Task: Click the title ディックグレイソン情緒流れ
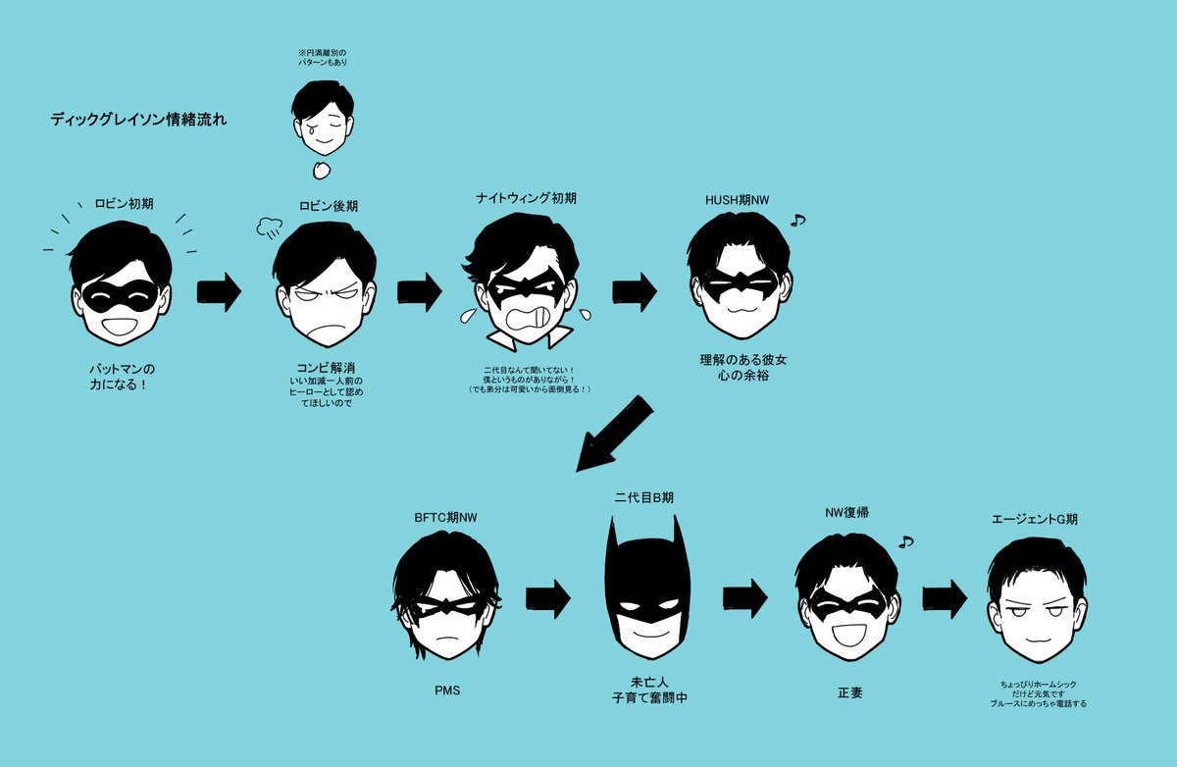click(139, 121)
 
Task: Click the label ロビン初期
click(124, 204)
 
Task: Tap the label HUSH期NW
click(737, 200)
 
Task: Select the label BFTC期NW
click(444, 516)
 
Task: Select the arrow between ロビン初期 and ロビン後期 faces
click(219, 292)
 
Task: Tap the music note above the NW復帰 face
click(905, 540)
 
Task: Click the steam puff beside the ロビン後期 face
click(268, 229)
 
